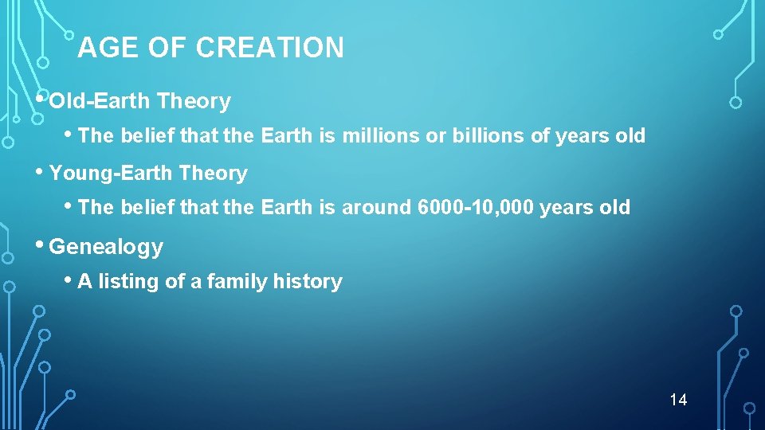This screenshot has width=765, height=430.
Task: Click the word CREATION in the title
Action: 269,49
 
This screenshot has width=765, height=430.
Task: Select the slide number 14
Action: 678,399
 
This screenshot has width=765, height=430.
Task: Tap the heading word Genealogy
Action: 106,248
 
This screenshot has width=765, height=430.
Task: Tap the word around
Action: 376,208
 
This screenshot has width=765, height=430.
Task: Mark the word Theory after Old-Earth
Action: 194,102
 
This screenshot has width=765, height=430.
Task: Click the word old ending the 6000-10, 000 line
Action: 615,208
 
